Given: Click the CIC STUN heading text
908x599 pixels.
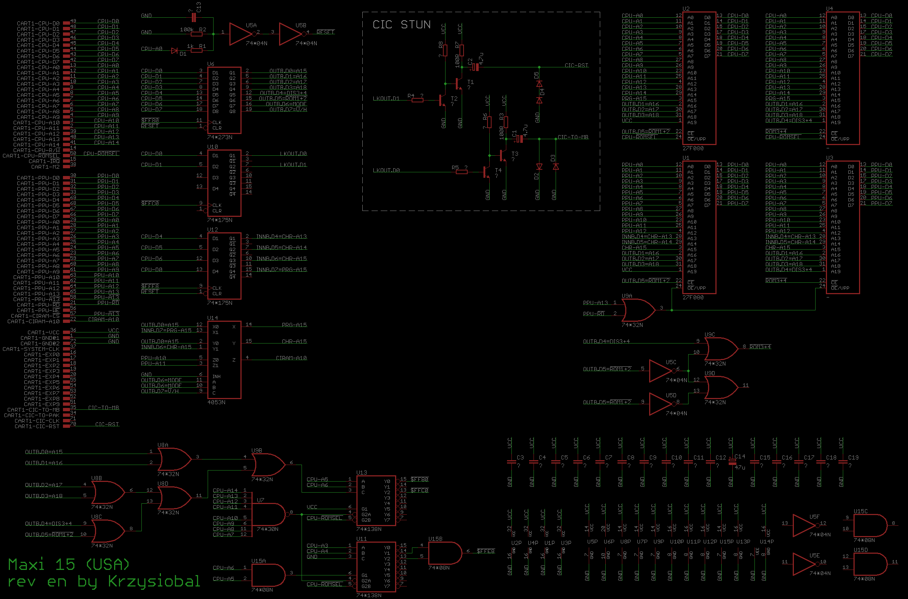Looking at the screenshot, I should point(401,25).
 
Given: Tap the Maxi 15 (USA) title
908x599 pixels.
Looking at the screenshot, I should point(69,564).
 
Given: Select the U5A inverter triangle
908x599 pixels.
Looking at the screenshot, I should point(241,34).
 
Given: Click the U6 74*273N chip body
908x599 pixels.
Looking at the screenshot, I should point(224,100).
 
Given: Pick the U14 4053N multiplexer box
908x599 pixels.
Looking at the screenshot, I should point(224,359).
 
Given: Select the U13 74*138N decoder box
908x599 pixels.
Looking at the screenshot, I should point(376,500).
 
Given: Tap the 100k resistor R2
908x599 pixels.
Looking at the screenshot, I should point(196,34).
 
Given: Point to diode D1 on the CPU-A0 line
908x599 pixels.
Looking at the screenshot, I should point(175,50).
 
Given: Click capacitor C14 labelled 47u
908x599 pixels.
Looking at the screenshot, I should point(732,462).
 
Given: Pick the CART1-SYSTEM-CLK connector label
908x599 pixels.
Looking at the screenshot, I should point(31,349).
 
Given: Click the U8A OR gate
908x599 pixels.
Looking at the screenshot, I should point(174,459).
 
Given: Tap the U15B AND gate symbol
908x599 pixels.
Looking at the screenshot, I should point(445,553).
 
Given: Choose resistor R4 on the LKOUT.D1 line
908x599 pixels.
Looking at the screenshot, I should point(417,100).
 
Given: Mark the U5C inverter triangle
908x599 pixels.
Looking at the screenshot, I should point(661,370).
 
